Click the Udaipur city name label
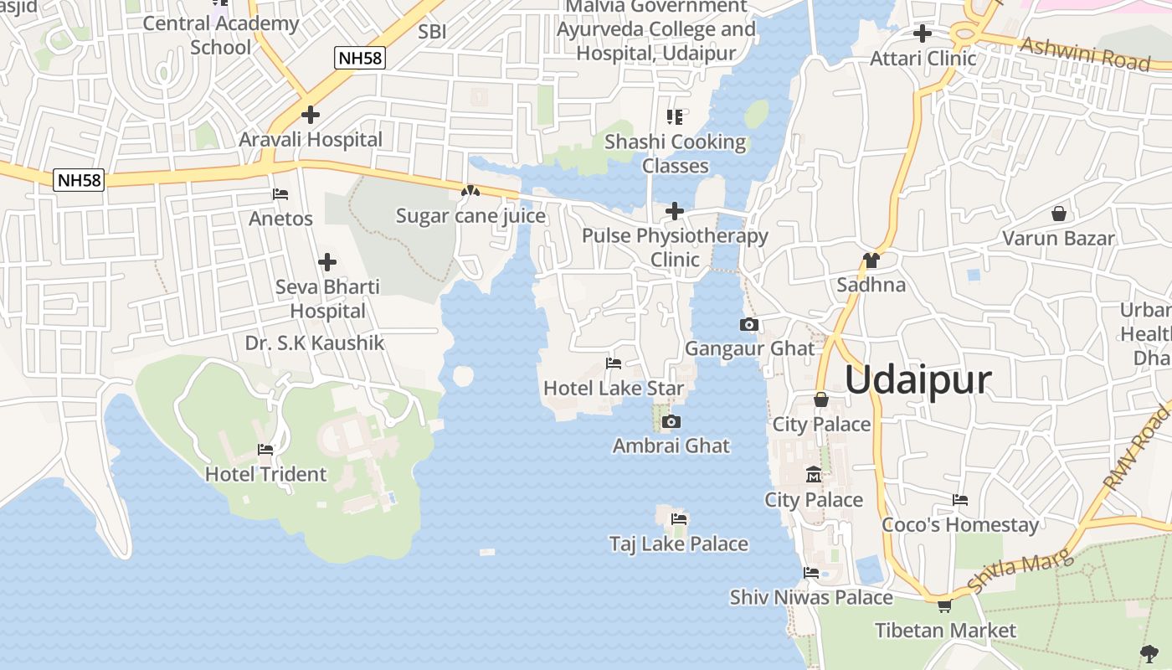[x=918, y=380]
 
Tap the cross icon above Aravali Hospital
[x=311, y=115]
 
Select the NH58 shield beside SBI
[x=360, y=58]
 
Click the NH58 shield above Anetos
[x=79, y=180]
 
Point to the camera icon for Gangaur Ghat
[x=749, y=324]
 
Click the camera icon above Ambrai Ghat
[x=671, y=421]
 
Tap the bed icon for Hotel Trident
[x=265, y=450]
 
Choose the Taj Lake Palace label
[x=678, y=544]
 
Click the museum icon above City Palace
[x=813, y=476]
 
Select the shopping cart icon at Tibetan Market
[x=944, y=606]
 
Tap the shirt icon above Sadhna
[x=871, y=260]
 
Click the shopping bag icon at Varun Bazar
[x=1059, y=214]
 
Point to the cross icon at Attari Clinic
[x=923, y=33]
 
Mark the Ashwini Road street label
[x=1085, y=54]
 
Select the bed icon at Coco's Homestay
[x=960, y=500]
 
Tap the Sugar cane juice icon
[x=470, y=192]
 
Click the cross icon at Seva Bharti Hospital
[x=327, y=262]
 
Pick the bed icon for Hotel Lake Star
[x=614, y=363]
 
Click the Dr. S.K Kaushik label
[x=315, y=343]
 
